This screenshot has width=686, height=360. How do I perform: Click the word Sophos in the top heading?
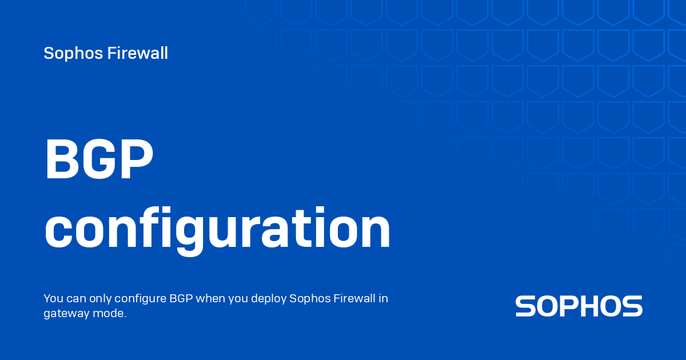(73, 54)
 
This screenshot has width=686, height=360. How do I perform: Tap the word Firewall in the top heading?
(138, 53)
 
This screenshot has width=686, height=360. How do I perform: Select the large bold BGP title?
(99, 159)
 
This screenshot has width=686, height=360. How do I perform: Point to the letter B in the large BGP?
(61, 159)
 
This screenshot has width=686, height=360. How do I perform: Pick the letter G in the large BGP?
(98, 159)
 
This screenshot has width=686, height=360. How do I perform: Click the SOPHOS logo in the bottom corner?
(579, 306)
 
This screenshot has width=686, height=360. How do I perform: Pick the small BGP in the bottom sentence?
(181, 298)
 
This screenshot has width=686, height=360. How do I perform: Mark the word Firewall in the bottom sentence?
(354, 298)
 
